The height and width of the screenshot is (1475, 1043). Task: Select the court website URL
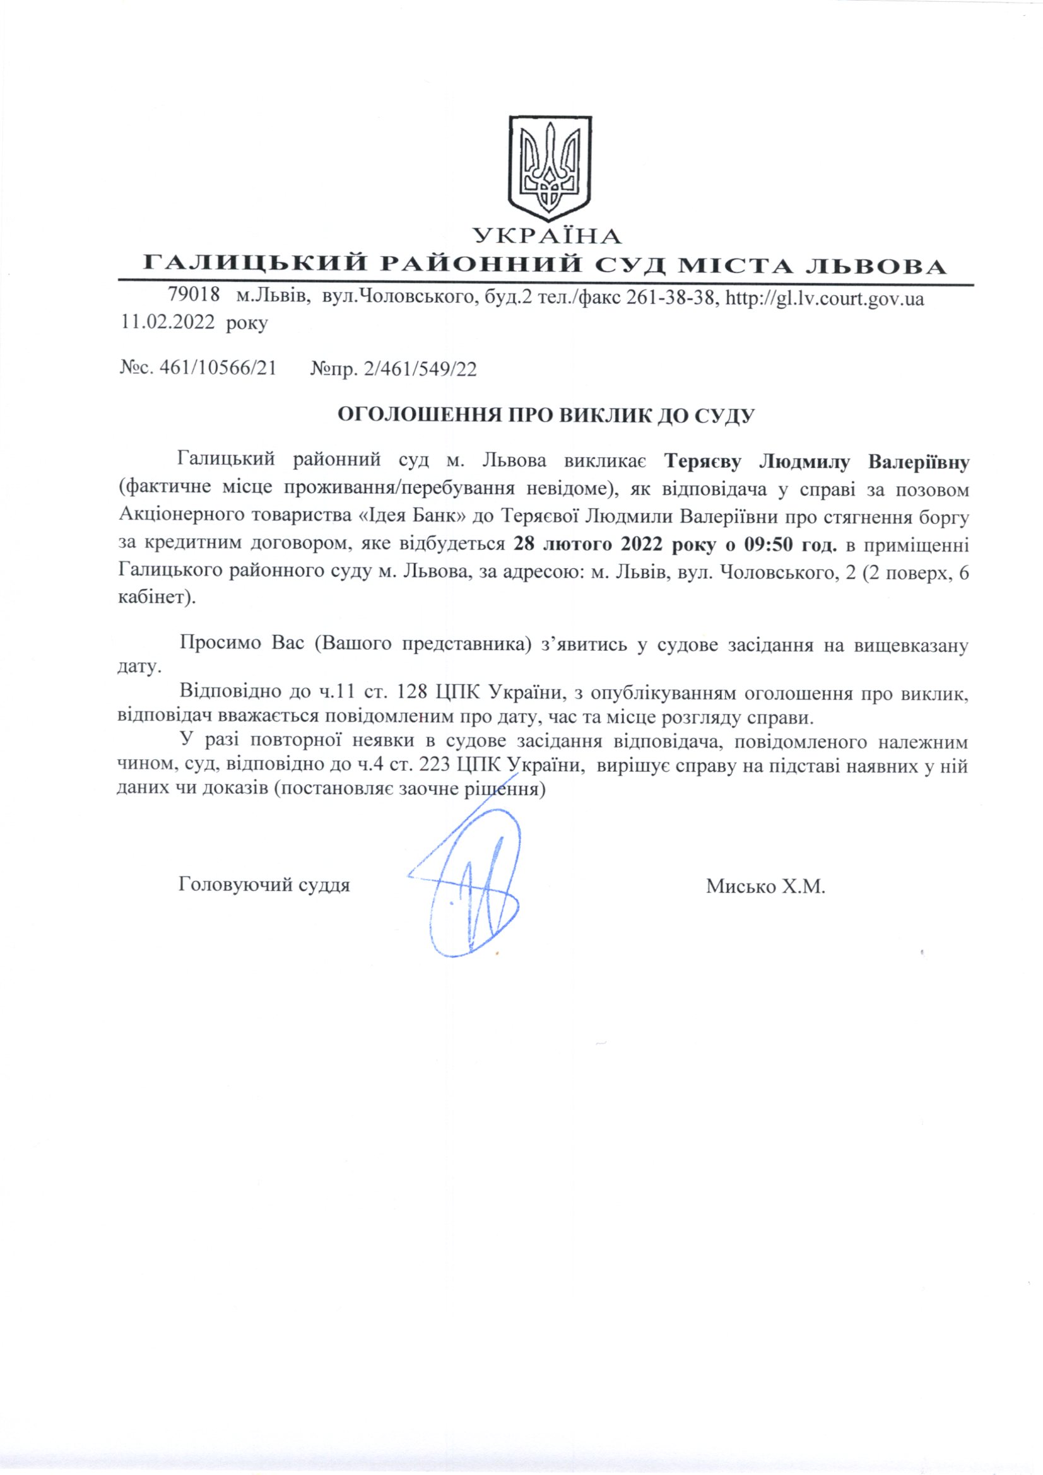point(825,298)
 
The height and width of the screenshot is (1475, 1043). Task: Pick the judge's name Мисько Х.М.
point(765,887)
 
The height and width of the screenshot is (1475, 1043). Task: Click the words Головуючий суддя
point(264,886)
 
